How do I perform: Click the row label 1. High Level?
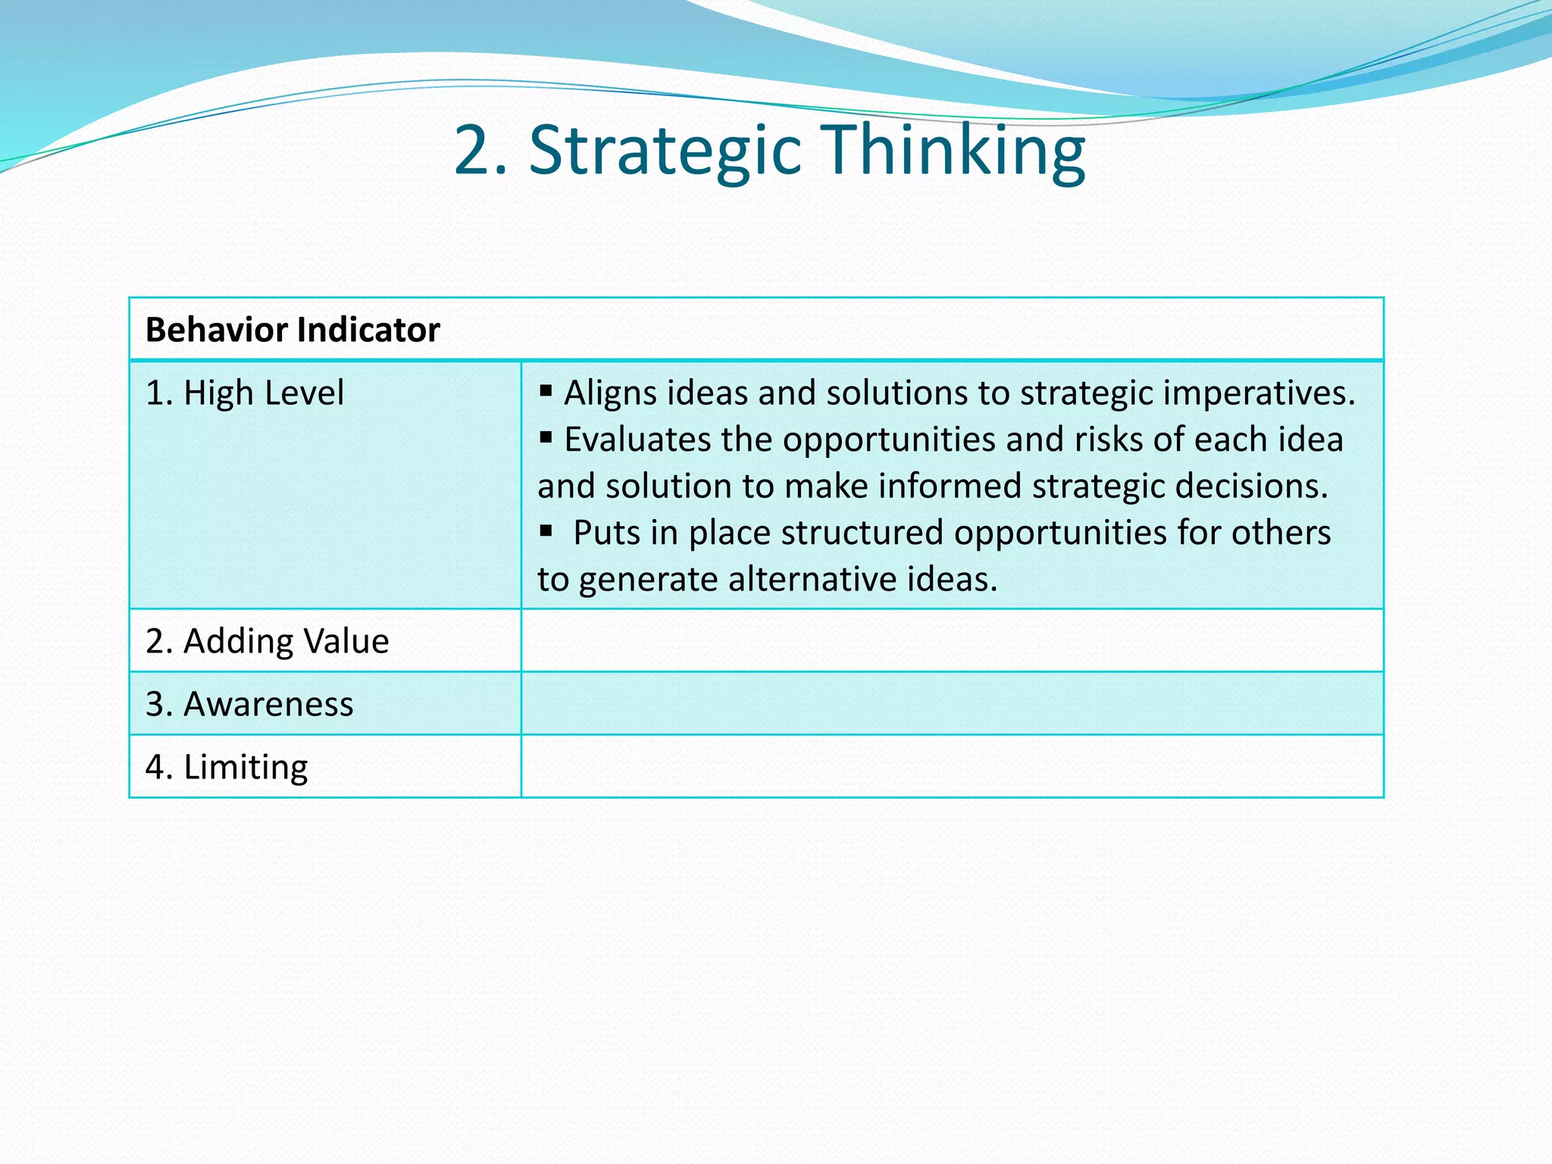click(x=245, y=393)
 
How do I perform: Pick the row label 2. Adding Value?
click(x=268, y=641)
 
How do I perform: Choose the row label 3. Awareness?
click(x=249, y=704)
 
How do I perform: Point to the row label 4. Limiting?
click(x=227, y=767)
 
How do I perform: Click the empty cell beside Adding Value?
click(x=952, y=641)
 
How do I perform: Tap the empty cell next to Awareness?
click(x=952, y=704)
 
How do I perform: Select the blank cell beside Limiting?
click(x=952, y=767)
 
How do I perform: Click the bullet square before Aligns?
click(x=546, y=391)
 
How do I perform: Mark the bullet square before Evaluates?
click(x=546, y=437)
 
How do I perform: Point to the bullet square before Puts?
click(x=546, y=530)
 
